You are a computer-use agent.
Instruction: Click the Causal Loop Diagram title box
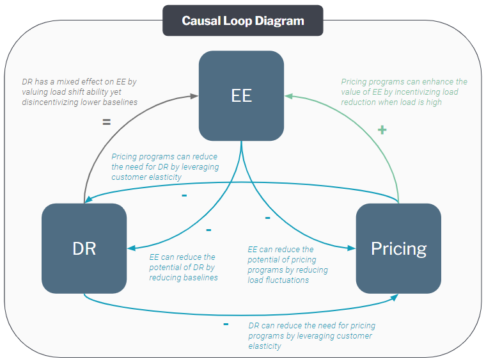click(242, 20)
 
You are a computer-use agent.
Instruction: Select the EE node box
click(241, 96)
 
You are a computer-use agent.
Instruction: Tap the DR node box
click(84, 248)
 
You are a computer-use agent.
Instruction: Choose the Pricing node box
click(398, 248)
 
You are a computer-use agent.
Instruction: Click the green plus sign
click(382, 130)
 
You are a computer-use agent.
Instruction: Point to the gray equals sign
click(106, 122)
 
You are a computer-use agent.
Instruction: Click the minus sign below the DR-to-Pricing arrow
click(226, 325)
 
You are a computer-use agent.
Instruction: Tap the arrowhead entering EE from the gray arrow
click(194, 96)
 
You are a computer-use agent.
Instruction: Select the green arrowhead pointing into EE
click(288, 96)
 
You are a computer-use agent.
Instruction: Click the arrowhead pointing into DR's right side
click(131, 248)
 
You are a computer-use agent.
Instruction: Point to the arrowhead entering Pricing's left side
click(352, 248)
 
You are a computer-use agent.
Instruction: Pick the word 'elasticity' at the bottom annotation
click(264, 346)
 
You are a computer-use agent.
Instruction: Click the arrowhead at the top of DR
click(89, 199)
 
